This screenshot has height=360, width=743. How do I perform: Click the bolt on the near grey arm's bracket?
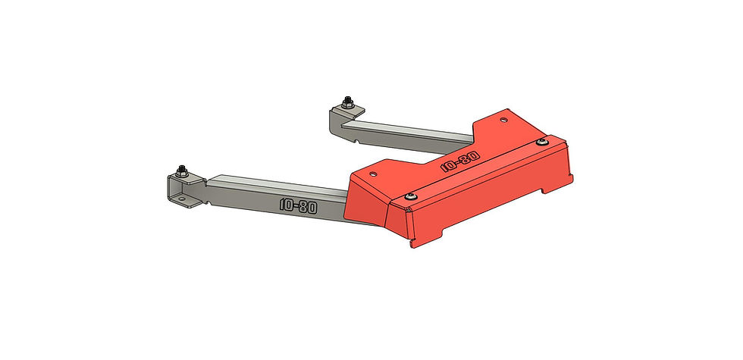pos(183,169)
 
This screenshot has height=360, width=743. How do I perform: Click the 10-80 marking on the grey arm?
pos(298,205)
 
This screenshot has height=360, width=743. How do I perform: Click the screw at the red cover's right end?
pos(542,142)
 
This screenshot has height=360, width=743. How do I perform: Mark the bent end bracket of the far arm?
pos(341,117)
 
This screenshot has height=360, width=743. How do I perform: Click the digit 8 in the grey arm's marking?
pos(303,205)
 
